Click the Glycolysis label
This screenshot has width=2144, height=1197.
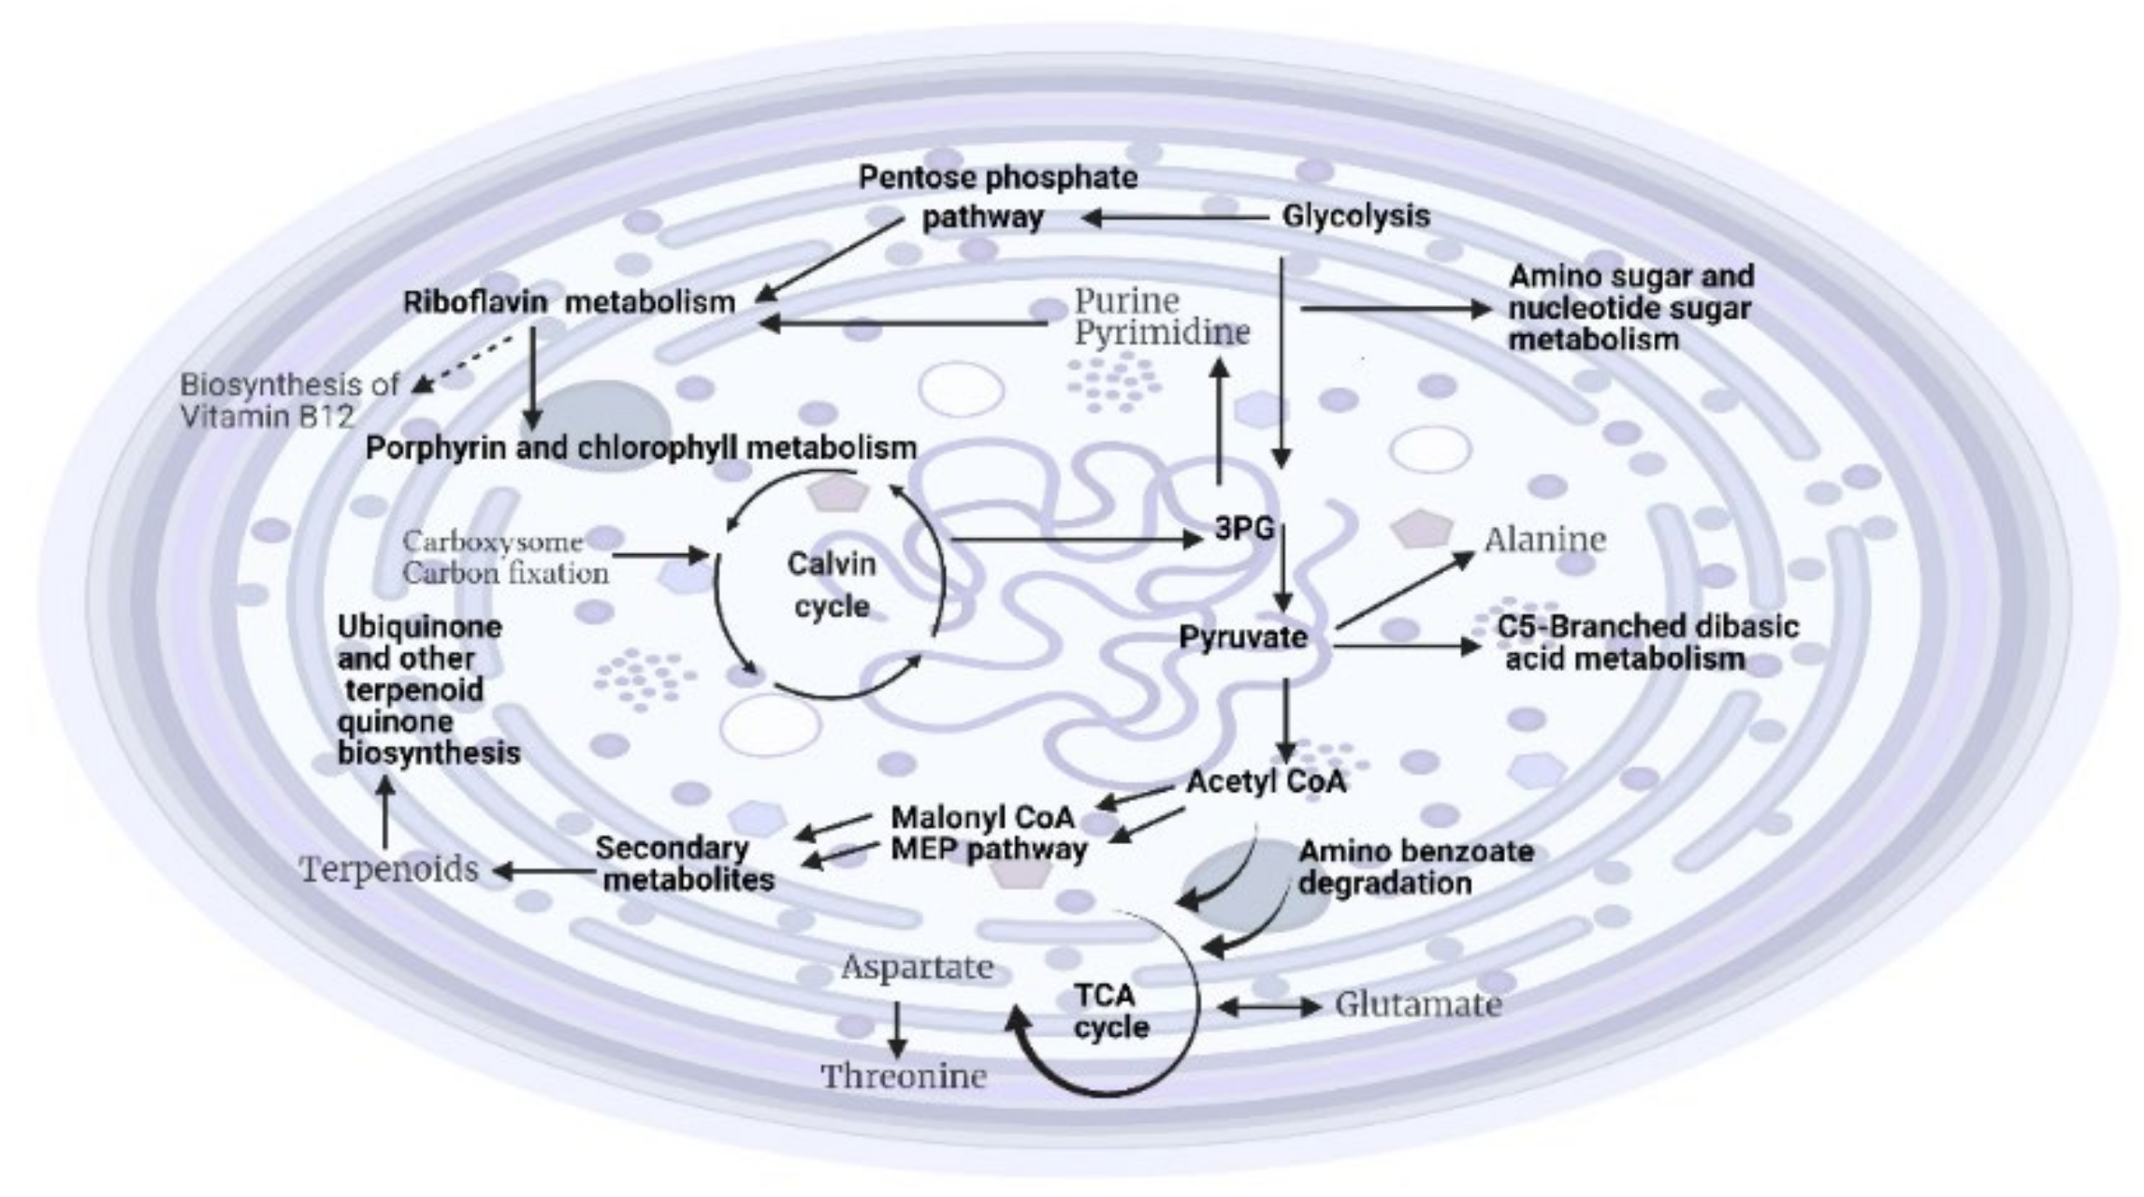[x=1355, y=216]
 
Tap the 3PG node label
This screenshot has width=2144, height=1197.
[x=1244, y=529]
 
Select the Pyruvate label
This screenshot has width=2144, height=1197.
[x=1243, y=637]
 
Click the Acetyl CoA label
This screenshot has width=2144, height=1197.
[x=1266, y=781]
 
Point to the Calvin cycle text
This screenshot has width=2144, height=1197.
[x=832, y=585]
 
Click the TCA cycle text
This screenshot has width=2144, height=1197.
[x=1110, y=1011]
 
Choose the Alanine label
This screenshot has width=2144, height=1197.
[x=1544, y=540]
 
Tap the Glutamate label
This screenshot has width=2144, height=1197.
[x=1418, y=1004]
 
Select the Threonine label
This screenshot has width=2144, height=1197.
[x=904, y=1076]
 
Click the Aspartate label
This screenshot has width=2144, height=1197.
[x=917, y=967]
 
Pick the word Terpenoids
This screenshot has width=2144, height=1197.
[x=389, y=869]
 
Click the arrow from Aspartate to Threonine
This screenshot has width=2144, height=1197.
[x=896, y=1029]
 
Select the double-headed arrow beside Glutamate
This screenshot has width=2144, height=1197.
[x=1268, y=1007]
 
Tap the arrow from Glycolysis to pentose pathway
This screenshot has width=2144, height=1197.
[x=1174, y=218]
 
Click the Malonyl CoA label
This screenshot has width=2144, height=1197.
[x=982, y=817]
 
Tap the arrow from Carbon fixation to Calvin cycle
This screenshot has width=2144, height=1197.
[x=660, y=556]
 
